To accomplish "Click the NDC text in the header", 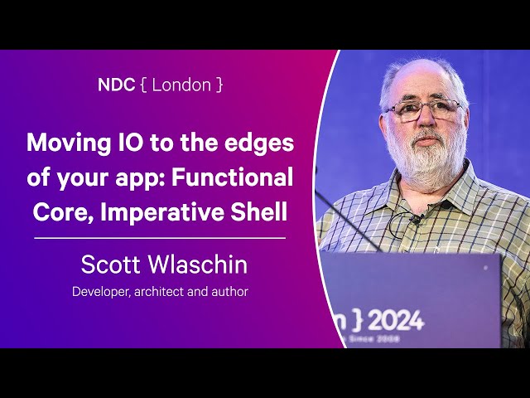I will [x=114, y=85].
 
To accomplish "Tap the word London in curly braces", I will [x=181, y=85].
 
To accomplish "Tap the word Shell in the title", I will [x=262, y=211].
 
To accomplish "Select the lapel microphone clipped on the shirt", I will [x=416, y=220].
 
